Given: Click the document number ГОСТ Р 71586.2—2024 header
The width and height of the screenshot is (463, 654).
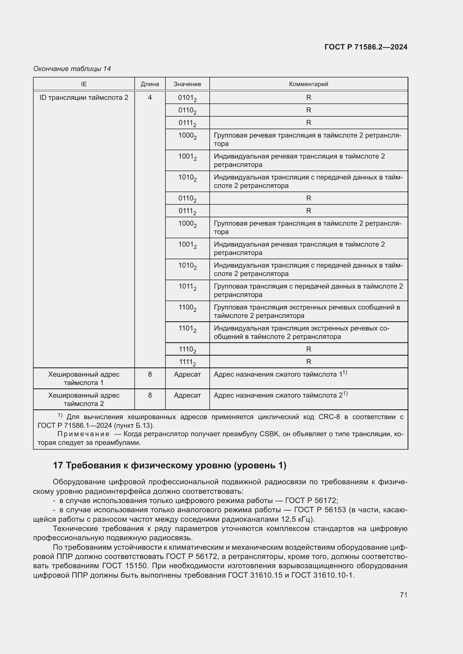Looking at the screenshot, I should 366,47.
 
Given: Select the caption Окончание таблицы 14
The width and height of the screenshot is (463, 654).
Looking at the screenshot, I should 72,69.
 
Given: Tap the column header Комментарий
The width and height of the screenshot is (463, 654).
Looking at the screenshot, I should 308,84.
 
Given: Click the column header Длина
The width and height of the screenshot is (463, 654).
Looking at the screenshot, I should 150,84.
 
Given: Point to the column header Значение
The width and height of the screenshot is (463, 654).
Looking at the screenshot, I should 187,84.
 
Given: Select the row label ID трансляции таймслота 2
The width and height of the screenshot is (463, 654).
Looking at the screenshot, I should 84,98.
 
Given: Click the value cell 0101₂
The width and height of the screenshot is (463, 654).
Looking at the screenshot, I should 187,98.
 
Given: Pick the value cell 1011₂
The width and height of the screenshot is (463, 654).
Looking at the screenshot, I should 187,287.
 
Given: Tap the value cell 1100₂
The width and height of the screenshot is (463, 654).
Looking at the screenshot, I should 187,308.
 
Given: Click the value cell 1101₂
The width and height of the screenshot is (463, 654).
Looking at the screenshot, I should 187,329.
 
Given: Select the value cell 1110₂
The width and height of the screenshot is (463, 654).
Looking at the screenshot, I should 187,350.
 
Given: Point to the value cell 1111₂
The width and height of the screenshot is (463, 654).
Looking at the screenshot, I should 187,362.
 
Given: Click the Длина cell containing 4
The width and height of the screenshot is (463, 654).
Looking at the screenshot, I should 150,98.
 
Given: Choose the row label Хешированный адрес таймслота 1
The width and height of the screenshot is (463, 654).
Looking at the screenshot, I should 84,378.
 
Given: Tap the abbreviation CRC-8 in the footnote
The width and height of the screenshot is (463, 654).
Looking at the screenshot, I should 329,417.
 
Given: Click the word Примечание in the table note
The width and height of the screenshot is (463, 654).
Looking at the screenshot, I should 83,434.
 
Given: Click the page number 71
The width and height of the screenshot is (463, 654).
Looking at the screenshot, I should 403,595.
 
